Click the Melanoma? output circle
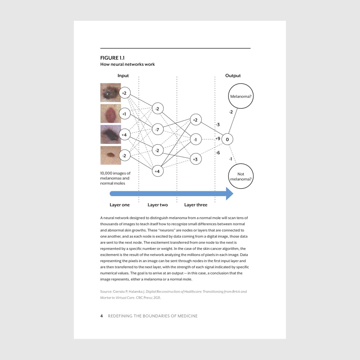point(241,96)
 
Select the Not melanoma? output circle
point(241,176)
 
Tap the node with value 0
point(227,139)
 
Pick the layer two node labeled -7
point(157,130)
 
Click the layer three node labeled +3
point(195,159)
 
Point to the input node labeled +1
point(124,114)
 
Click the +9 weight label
point(218,139)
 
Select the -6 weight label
point(218,153)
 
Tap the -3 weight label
point(218,125)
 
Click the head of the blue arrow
point(229,194)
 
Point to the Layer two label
point(158,205)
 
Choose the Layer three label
point(196,205)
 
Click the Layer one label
point(120,205)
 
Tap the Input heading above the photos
point(123,76)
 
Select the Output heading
point(233,76)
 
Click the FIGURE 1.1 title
point(112,58)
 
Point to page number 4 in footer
point(102,316)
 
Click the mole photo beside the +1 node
point(111,113)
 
